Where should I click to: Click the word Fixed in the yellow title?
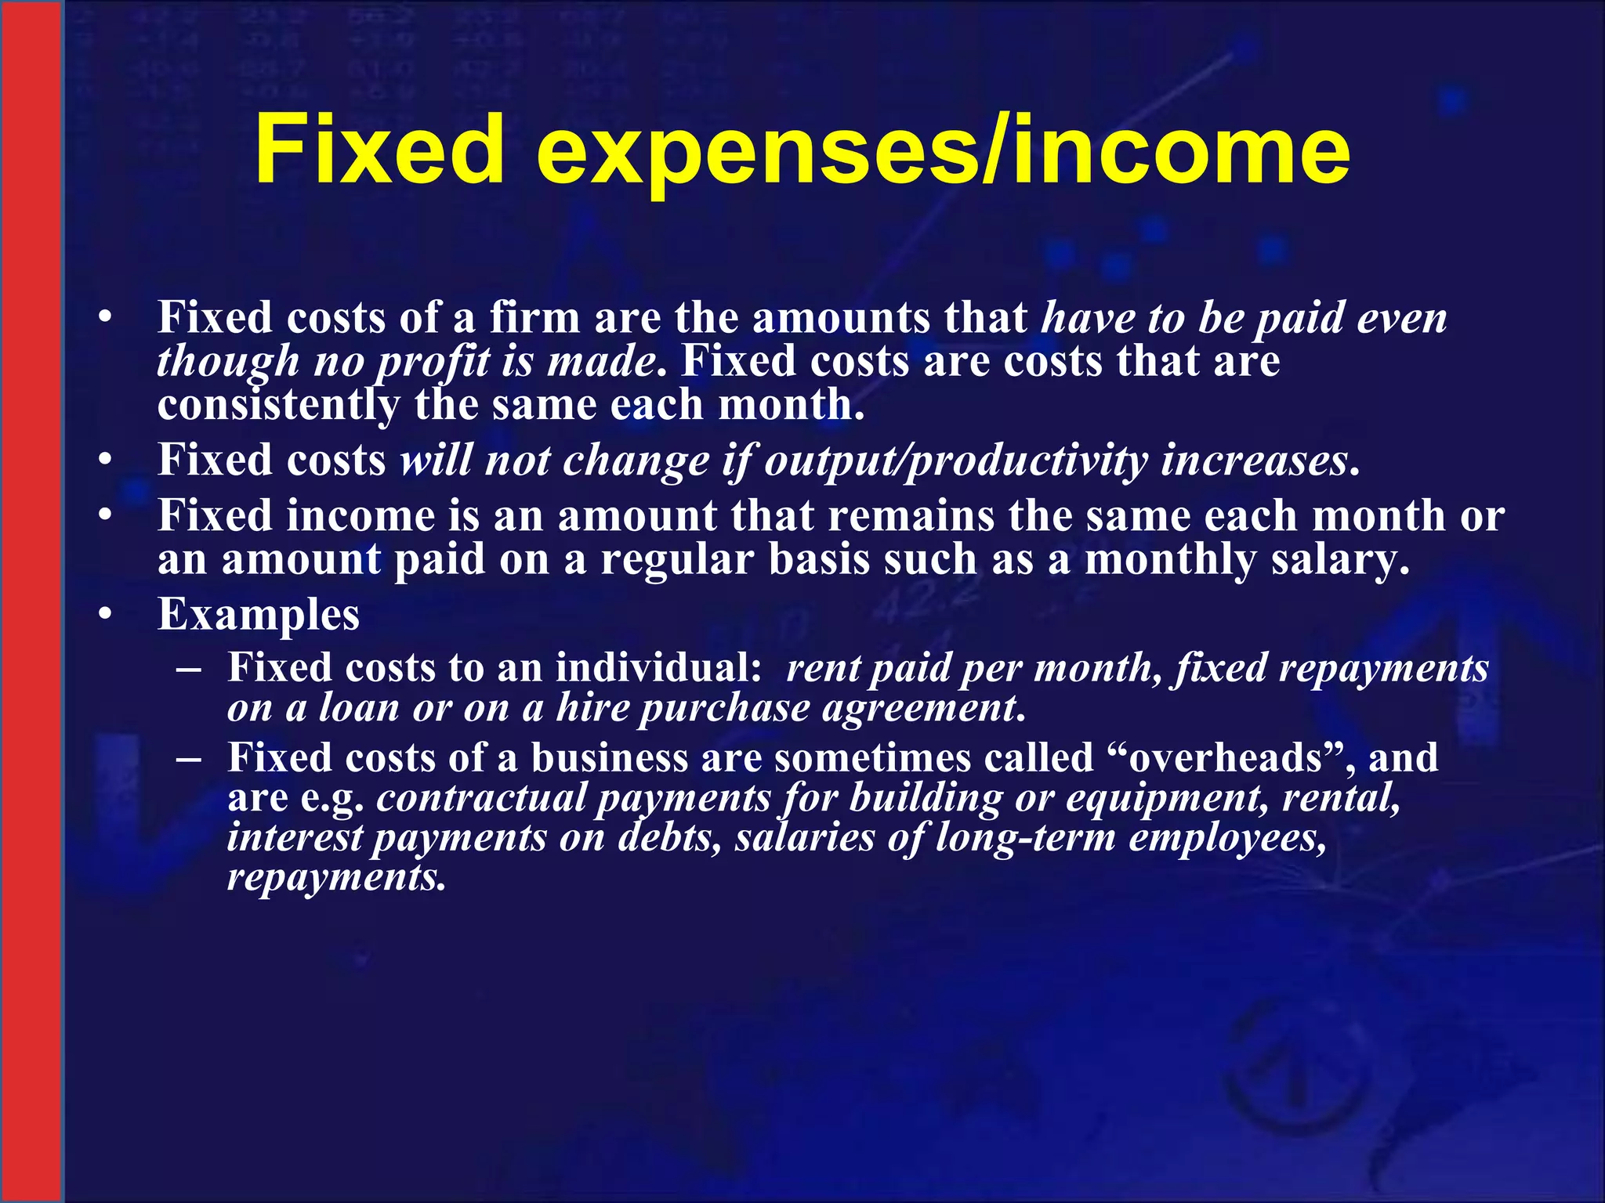(379, 149)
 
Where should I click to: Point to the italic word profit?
(434, 362)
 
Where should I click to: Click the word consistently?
(278, 406)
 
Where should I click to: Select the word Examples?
(259, 614)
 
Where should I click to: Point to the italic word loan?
(359, 708)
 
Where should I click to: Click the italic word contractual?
(481, 798)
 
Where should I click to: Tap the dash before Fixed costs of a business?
(189, 759)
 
